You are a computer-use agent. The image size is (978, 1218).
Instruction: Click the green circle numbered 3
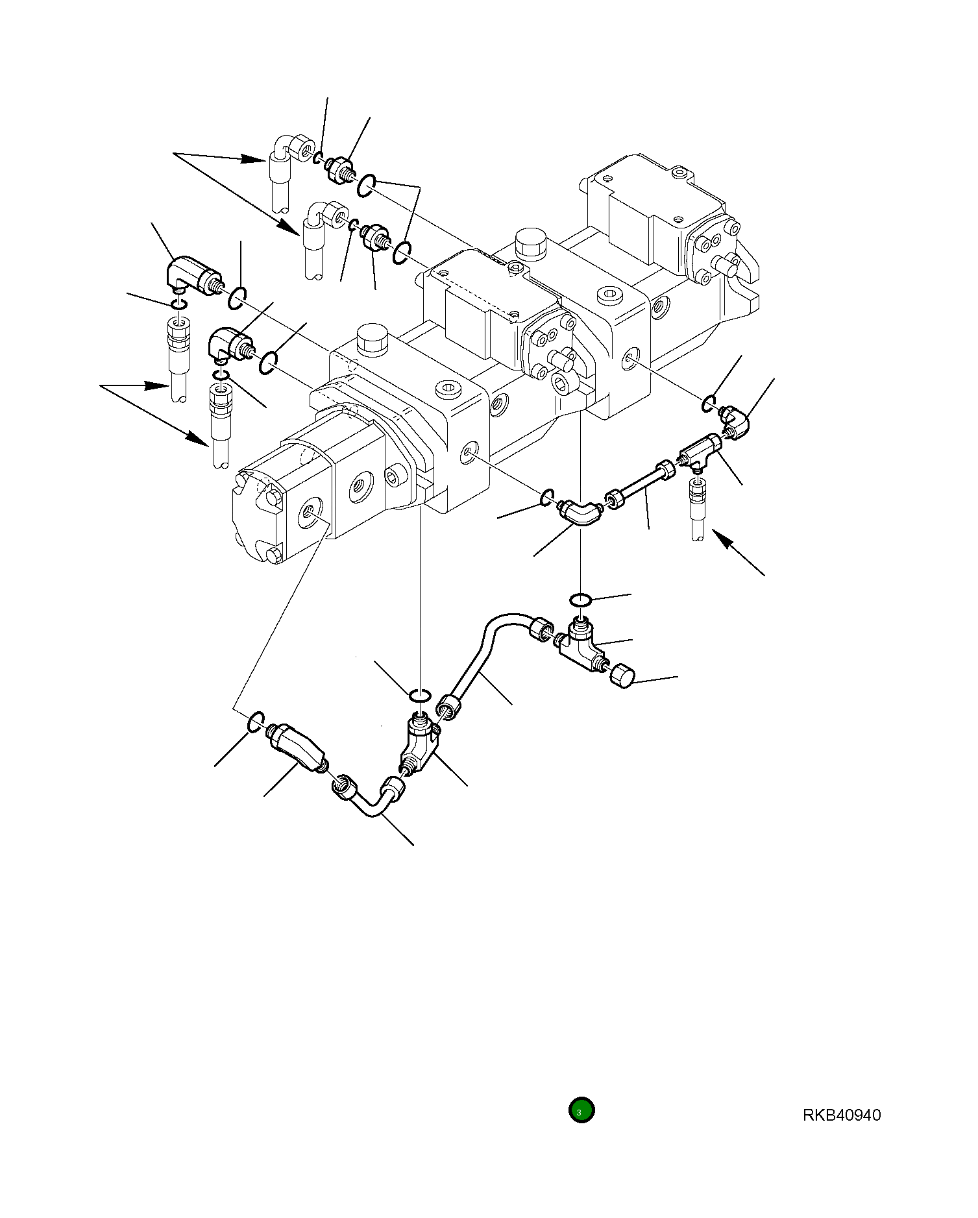click(x=581, y=1110)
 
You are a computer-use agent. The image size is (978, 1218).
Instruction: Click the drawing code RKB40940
click(x=841, y=1115)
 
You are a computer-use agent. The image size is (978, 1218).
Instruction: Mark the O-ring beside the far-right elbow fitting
click(x=709, y=404)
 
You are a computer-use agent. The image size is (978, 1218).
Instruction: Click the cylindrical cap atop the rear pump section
click(x=530, y=243)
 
